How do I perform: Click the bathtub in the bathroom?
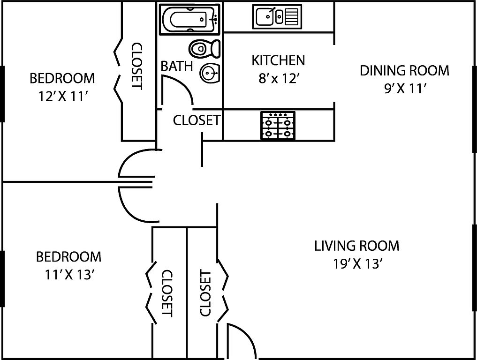point(189,19)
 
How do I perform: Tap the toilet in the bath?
point(205,48)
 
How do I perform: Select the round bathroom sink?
point(210,73)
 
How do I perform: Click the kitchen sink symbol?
point(276,16)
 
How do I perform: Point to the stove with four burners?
point(278,126)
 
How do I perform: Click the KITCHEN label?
point(278,60)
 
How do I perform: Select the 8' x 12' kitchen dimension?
point(279,78)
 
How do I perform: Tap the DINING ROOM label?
point(404,71)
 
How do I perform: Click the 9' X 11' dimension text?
point(404,89)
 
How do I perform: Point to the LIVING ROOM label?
point(356,246)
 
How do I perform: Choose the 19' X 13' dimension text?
point(356,263)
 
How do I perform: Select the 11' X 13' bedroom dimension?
point(68,275)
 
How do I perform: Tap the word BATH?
point(177,66)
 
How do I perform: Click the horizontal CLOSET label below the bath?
point(197,120)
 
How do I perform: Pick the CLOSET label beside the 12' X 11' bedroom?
point(136,66)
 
